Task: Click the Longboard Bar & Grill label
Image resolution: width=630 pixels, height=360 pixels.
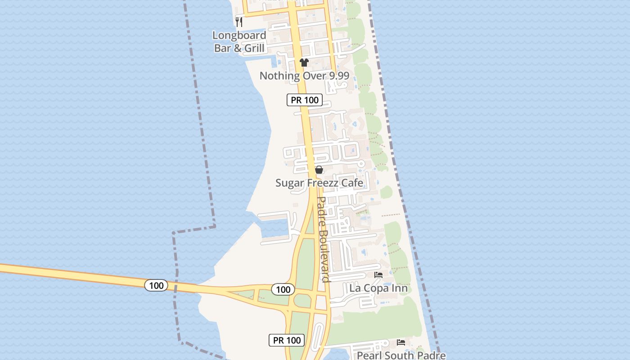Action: point(239,41)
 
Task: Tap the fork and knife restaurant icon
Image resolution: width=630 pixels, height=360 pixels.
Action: point(239,21)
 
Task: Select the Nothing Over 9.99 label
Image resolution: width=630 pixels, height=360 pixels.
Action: point(304,76)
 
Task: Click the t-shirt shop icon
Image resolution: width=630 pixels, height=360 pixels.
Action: point(304,63)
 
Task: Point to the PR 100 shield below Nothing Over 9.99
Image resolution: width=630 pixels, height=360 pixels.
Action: point(305,100)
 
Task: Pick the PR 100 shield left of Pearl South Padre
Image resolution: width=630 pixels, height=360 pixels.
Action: point(287,340)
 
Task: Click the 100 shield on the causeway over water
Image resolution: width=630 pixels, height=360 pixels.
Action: point(156,285)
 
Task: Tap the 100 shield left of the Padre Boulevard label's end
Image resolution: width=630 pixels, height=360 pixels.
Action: point(283,289)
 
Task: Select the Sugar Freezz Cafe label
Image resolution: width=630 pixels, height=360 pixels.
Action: point(319,183)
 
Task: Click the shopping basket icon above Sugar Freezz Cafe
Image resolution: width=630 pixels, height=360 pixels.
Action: point(319,170)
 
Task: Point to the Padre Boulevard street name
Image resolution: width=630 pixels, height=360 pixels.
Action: point(324,239)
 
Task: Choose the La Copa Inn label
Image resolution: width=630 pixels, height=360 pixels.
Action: point(378,288)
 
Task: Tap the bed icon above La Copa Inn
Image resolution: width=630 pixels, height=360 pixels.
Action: point(378,274)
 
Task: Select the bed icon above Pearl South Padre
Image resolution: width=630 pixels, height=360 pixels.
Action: point(401,342)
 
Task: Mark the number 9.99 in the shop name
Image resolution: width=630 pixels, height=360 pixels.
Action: point(337,76)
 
